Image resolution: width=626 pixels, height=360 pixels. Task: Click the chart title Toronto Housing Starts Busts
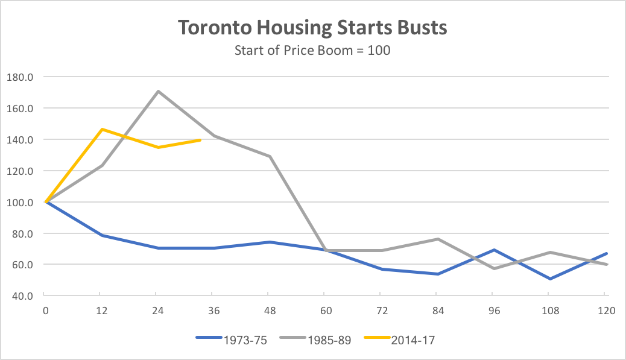(x=312, y=28)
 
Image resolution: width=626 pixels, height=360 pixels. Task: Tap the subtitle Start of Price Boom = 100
(x=312, y=50)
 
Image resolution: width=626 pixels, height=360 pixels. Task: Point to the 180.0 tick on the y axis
(x=19, y=77)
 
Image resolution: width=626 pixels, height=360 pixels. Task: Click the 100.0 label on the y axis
(x=19, y=202)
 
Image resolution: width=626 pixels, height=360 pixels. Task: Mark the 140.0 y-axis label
(x=19, y=139)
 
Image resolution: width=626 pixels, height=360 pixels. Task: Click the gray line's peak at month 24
(x=157, y=91)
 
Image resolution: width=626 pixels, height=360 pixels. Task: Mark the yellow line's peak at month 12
(x=102, y=129)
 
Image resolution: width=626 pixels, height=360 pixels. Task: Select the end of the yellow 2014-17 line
(x=200, y=140)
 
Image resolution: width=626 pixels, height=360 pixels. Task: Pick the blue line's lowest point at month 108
(x=549, y=279)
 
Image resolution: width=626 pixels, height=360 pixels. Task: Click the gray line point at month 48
(x=270, y=156)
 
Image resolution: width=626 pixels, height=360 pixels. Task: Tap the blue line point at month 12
(x=102, y=235)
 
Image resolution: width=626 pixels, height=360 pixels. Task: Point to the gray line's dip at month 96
(x=493, y=268)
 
